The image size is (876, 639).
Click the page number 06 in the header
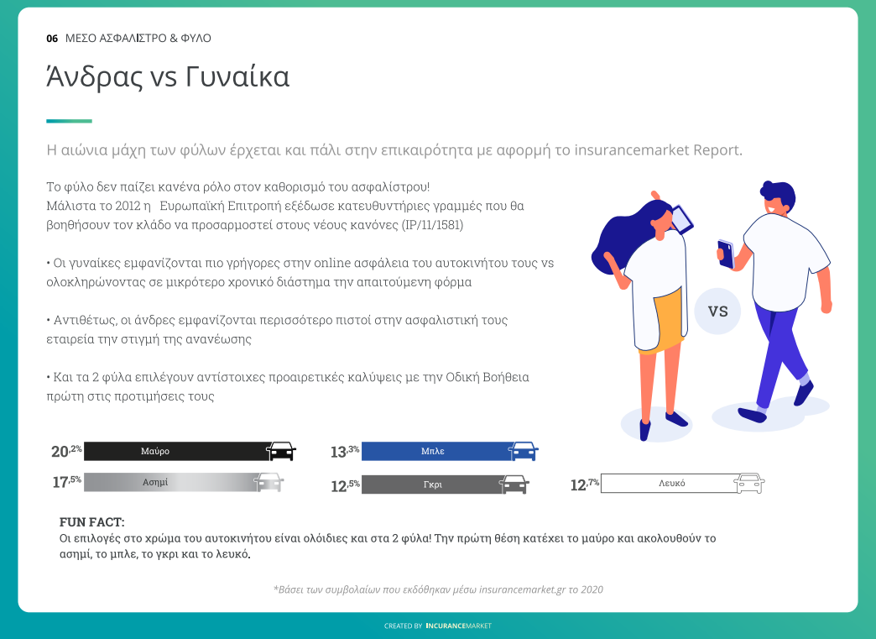pos(52,39)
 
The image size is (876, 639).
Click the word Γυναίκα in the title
pos(237,77)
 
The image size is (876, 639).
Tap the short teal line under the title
pos(70,121)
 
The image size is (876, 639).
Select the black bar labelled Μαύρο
pos(176,451)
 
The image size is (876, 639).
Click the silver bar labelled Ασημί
pos(171,482)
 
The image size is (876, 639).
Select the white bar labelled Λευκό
pos(669,483)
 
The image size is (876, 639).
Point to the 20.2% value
pos(66,451)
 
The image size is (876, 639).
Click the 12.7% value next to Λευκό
pos(584,484)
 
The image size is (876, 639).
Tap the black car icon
pos(281,451)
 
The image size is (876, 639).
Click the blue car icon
pos(524,451)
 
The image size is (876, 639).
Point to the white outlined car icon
pos(748,483)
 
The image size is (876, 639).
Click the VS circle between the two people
pos(717,311)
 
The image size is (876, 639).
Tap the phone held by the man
pos(725,254)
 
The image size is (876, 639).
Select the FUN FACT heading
pos(92,522)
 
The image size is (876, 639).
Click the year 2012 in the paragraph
pos(128,206)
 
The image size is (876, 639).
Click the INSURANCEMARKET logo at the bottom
pos(459,626)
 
